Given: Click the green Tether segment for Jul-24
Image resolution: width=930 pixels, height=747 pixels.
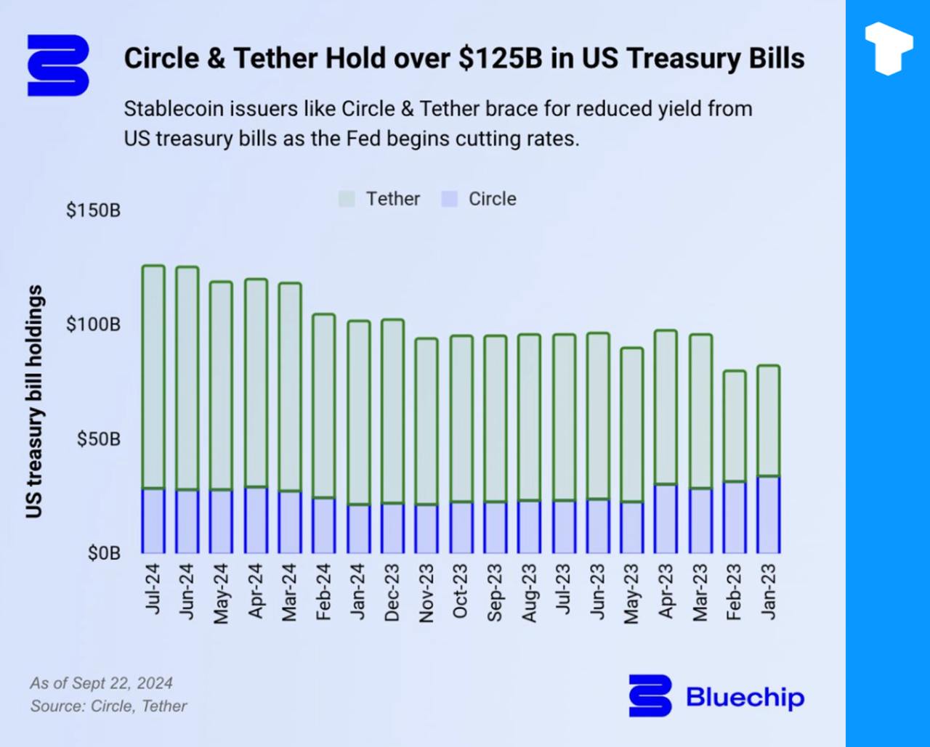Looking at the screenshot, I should point(153,377).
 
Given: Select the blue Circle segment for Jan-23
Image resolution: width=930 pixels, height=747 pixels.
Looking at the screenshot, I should point(768,515).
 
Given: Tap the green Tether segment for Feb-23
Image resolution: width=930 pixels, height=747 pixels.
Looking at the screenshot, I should point(734,426).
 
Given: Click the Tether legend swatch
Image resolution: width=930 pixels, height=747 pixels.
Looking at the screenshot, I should point(347,199).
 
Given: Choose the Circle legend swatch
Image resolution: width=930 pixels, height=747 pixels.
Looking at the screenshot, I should point(450,199).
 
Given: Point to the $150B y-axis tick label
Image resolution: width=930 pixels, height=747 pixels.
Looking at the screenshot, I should point(93,211).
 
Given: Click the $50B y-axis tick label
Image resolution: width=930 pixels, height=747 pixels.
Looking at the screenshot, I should point(99,439).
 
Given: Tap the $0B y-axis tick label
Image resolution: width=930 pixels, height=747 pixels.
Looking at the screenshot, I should point(103,553).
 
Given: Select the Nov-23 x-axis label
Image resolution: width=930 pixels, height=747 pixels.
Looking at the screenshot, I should point(426,594).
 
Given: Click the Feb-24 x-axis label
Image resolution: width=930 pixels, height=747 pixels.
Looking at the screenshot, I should point(323,592).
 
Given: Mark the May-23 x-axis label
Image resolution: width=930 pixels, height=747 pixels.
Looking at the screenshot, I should point(631,594).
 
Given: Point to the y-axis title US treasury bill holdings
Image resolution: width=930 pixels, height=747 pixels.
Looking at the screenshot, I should point(34,401).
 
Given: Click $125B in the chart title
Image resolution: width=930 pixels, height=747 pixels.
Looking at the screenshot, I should point(501,58).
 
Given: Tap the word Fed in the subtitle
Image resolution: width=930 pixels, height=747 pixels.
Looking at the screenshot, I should point(364,138).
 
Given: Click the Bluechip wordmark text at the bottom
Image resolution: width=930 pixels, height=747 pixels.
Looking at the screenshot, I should point(745,698).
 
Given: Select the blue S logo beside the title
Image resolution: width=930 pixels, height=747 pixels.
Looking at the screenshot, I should point(58,65).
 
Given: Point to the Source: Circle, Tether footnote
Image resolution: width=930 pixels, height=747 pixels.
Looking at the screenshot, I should point(108,706).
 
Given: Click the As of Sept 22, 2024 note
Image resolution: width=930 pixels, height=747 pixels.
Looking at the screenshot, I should point(101,683).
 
